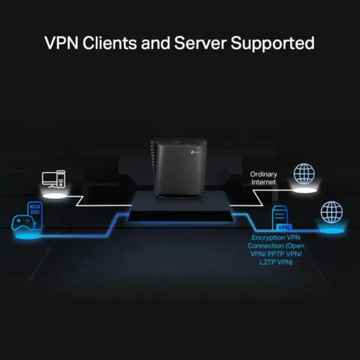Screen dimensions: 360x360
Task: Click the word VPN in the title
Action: [64, 42]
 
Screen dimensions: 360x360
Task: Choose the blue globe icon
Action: [332, 212]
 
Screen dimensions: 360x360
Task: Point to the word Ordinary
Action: [263, 174]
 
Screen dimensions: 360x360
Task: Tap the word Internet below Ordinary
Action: [263, 182]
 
